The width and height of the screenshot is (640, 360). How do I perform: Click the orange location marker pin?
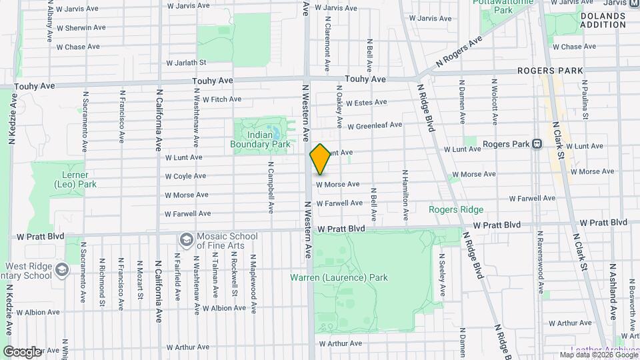pyautogui.click(x=321, y=159)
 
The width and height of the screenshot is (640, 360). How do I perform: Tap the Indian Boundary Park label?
pyautogui.click(x=260, y=139)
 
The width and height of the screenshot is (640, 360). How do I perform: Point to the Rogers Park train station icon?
pyautogui.click(x=537, y=144)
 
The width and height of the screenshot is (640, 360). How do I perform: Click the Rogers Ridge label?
pyautogui.click(x=455, y=209)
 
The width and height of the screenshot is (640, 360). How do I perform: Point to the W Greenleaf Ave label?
pyautogui.click(x=374, y=125)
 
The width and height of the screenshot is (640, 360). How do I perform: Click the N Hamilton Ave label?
pyautogui.click(x=405, y=195)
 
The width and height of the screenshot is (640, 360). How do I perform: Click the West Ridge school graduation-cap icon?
pyautogui.click(x=62, y=270)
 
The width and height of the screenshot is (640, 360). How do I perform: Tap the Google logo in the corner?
pyautogui.click(x=21, y=351)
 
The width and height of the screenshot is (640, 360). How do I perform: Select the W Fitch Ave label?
pyautogui.click(x=221, y=99)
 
